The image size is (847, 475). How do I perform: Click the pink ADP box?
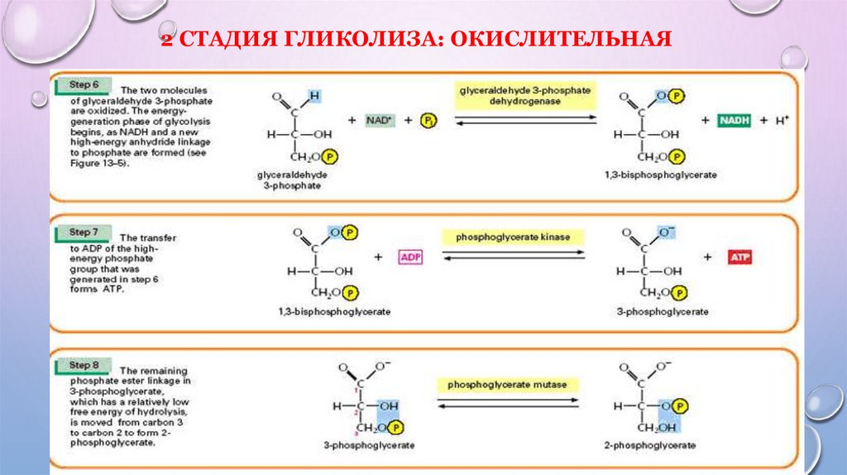(410, 257)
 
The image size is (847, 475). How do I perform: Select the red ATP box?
(739, 257)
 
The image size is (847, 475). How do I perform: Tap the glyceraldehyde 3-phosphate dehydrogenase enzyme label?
(523, 94)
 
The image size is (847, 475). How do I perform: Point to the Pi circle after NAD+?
(427, 121)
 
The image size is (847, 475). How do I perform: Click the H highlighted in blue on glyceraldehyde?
(313, 96)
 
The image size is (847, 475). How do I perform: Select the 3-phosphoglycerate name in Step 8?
(369, 445)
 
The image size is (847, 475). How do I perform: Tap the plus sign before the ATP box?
(708, 257)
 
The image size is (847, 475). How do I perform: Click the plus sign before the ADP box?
(379, 257)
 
